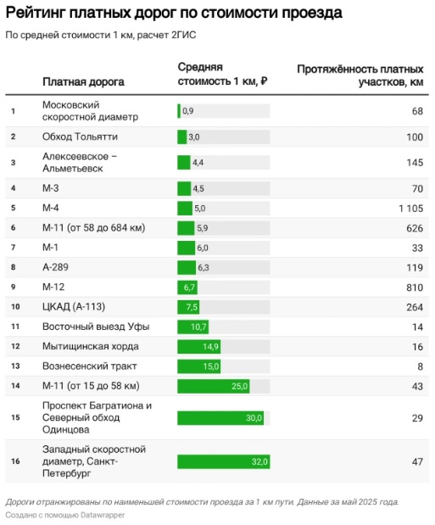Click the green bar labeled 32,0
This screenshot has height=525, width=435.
click(x=223, y=461)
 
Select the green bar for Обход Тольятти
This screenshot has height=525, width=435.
click(x=181, y=137)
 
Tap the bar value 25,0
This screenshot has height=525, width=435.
click(x=240, y=386)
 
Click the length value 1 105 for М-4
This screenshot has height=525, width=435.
click(x=411, y=209)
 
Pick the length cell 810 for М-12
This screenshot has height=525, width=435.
click(x=415, y=288)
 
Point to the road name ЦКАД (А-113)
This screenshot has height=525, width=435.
click(x=74, y=307)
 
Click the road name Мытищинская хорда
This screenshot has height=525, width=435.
click(x=91, y=346)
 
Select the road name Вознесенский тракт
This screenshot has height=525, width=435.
click(x=89, y=366)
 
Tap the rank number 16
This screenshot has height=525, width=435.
click(x=15, y=461)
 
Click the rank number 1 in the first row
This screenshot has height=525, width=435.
click(x=13, y=111)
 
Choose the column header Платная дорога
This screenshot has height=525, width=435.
click(x=83, y=81)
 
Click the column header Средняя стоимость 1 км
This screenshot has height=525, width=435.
click(x=222, y=74)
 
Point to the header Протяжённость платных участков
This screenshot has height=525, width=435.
click(x=360, y=75)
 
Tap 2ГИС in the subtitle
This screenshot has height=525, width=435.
click(x=183, y=35)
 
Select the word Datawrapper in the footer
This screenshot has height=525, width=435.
click(x=102, y=515)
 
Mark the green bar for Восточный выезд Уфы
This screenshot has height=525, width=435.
click(x=192, y=327)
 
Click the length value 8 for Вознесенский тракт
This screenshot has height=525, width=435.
click(x=421, y=366)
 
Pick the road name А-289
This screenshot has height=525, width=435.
click(x=55, y=267)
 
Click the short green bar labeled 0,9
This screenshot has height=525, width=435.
click(x=179, y=111)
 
